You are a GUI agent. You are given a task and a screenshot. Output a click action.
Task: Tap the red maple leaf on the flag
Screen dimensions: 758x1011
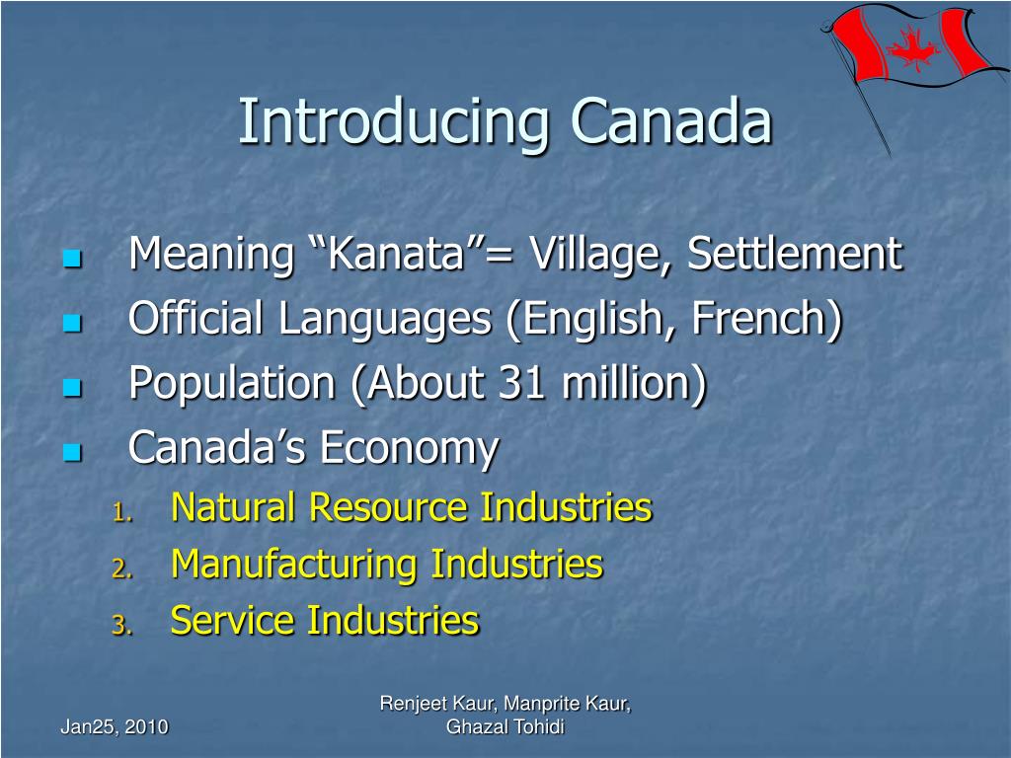pos(913,46)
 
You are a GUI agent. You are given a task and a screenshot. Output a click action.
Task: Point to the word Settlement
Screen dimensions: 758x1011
pos(794,254)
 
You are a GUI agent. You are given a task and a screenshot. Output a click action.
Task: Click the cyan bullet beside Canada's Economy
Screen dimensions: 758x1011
pos(70,452)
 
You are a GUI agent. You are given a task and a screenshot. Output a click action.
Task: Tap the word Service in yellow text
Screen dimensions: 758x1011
pos(233,621)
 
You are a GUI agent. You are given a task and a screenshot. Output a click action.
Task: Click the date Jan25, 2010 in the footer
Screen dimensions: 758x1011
pos(115,727)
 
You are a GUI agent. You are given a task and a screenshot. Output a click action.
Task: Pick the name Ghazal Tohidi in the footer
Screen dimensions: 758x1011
pos(505,727)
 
